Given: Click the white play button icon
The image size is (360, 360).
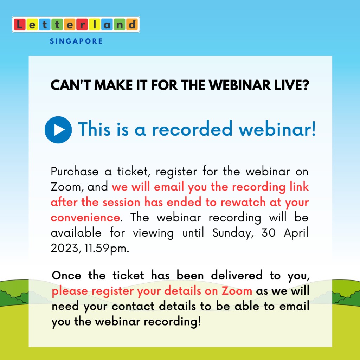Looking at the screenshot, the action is (58, 130).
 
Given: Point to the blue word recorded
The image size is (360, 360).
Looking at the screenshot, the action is (192, 129).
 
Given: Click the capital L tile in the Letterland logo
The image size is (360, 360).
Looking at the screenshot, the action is (20, 25).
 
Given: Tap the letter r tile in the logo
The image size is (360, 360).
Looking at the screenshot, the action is (82, 25).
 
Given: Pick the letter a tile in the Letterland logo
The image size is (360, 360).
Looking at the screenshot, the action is (107, 25).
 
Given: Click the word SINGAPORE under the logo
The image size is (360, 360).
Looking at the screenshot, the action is (76, 41).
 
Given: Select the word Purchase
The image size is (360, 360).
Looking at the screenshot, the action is (75, 172).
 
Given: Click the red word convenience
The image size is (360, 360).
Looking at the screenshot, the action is (85, 217).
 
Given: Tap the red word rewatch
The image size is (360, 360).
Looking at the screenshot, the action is (243, 202).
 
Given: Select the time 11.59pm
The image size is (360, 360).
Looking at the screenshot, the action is (107, 249).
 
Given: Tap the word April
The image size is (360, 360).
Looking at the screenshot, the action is (296, 233).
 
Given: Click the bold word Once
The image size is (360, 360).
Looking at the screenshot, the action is (66, 276).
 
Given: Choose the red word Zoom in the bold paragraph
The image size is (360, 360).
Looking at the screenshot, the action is (237, 291).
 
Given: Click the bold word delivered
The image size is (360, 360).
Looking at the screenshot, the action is (237, 275).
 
